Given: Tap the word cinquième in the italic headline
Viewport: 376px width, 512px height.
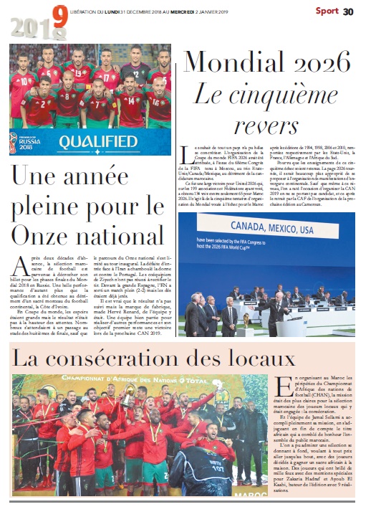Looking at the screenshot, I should click(x=273, y=93).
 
